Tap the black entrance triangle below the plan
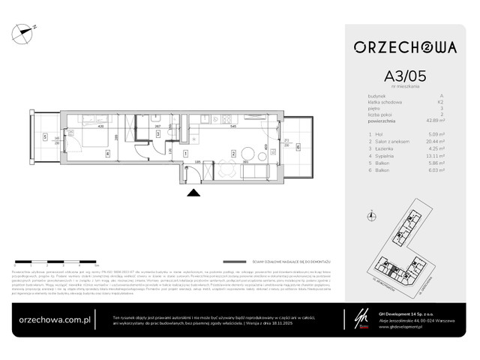click(x=193, y=193)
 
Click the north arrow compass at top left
click(x=28, y=30)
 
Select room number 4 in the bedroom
click(x=108, y=154)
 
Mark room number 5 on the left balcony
click(x=45, y=137)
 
